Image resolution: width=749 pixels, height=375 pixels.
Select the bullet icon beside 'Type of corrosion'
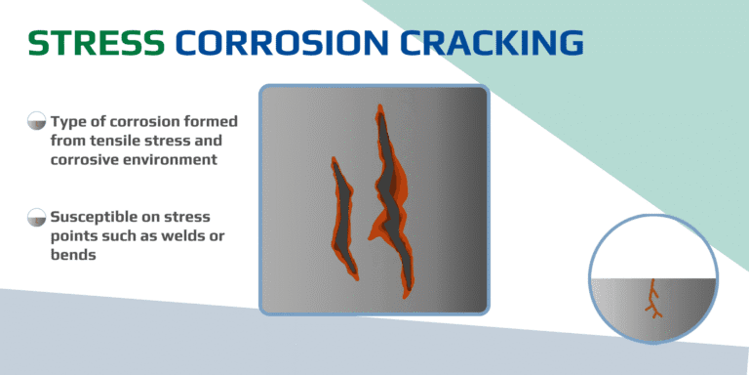(x=36, y=122)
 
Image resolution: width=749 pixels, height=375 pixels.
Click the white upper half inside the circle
(x=653, y=249)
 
